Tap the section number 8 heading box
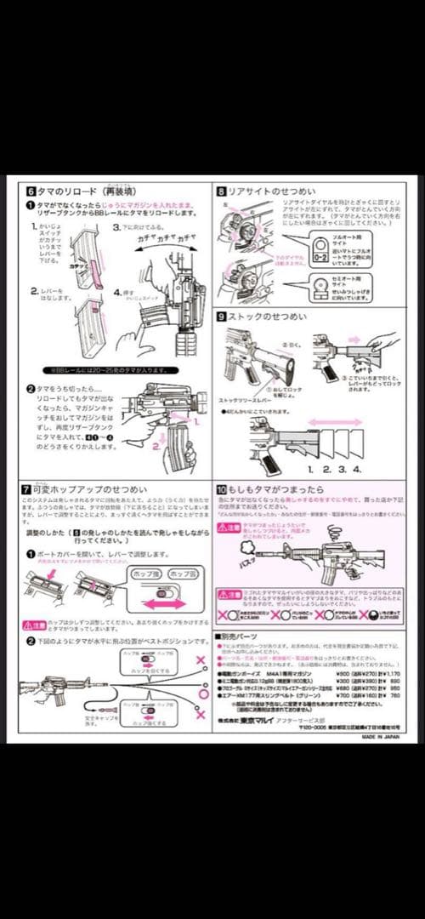tap(221, 191)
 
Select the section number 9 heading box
tap(221, 316)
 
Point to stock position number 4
tap(358, 469)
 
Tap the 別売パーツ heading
tap(246, 636)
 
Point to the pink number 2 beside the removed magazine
tap(157, 442)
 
